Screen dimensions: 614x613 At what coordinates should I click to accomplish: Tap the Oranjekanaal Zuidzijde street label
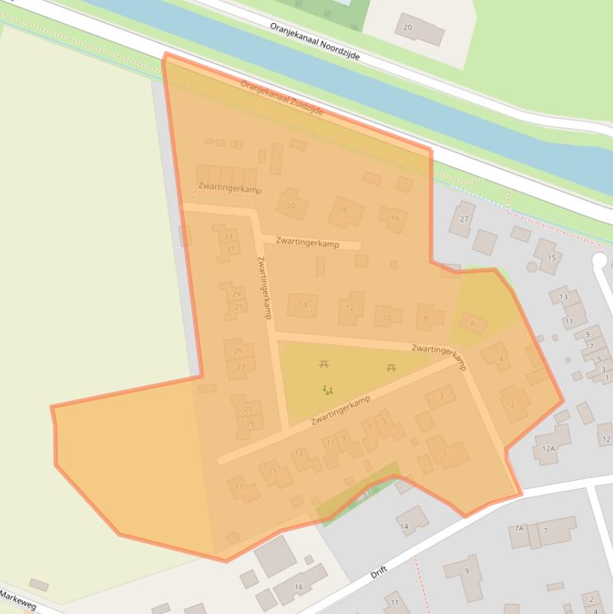click(281, 97)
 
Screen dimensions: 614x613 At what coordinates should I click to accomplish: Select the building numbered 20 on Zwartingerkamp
click(291, 206)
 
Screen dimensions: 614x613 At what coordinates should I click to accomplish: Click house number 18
click(344, 211)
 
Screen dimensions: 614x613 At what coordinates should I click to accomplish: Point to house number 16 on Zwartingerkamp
click(394, 218)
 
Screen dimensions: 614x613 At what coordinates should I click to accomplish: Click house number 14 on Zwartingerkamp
click(303, 305)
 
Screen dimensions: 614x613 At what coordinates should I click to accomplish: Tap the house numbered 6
click(473, 323)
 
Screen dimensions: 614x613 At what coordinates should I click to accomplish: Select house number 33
click(229, 237)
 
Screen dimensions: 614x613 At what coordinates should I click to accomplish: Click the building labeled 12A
click(548, 449)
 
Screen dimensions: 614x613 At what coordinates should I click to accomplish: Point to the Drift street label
click(378, 573)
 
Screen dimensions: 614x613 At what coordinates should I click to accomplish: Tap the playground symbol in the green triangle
click(327, 390)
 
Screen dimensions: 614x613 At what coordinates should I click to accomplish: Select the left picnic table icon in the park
click(324, 364)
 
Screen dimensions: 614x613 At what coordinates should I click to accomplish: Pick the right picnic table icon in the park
click(392, 368)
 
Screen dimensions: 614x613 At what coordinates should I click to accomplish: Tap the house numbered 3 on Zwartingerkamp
click(441, 396)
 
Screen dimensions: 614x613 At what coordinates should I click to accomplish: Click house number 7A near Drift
click(519, 529)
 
